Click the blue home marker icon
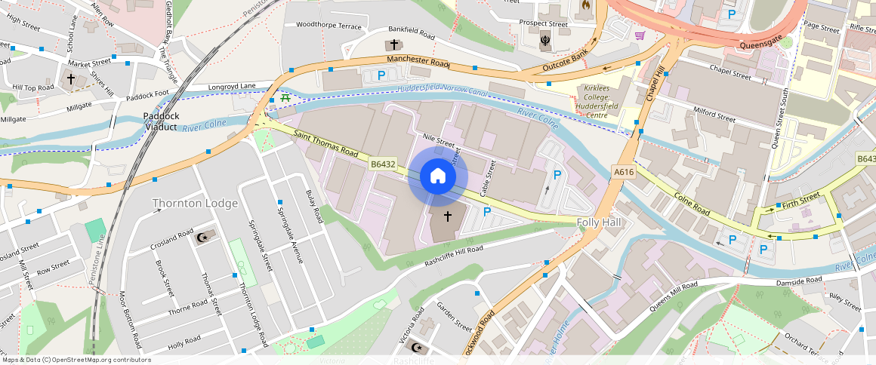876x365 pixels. [x=437, y=177]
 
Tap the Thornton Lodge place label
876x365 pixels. [x=195, y=203]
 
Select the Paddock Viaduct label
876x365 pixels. [x=161, y=121]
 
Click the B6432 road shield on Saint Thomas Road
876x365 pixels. [x=382, y=164]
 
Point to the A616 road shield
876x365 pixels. [x=623, y=173]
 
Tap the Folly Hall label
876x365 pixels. [x=599, y=222]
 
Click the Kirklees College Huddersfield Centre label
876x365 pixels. [x=601, y=102]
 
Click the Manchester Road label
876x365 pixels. [x=418, y=61]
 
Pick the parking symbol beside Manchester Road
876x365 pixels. [x=381, y=75]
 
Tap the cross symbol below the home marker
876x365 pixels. [x=447, y=217]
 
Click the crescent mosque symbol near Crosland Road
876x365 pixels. [x=202, y=238]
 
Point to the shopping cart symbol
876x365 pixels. [x=640, y=35]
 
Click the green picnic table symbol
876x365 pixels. [x=285, y=98]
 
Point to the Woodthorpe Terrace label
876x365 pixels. [x=328, y=25]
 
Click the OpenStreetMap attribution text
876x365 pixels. [x=76, y=360]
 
